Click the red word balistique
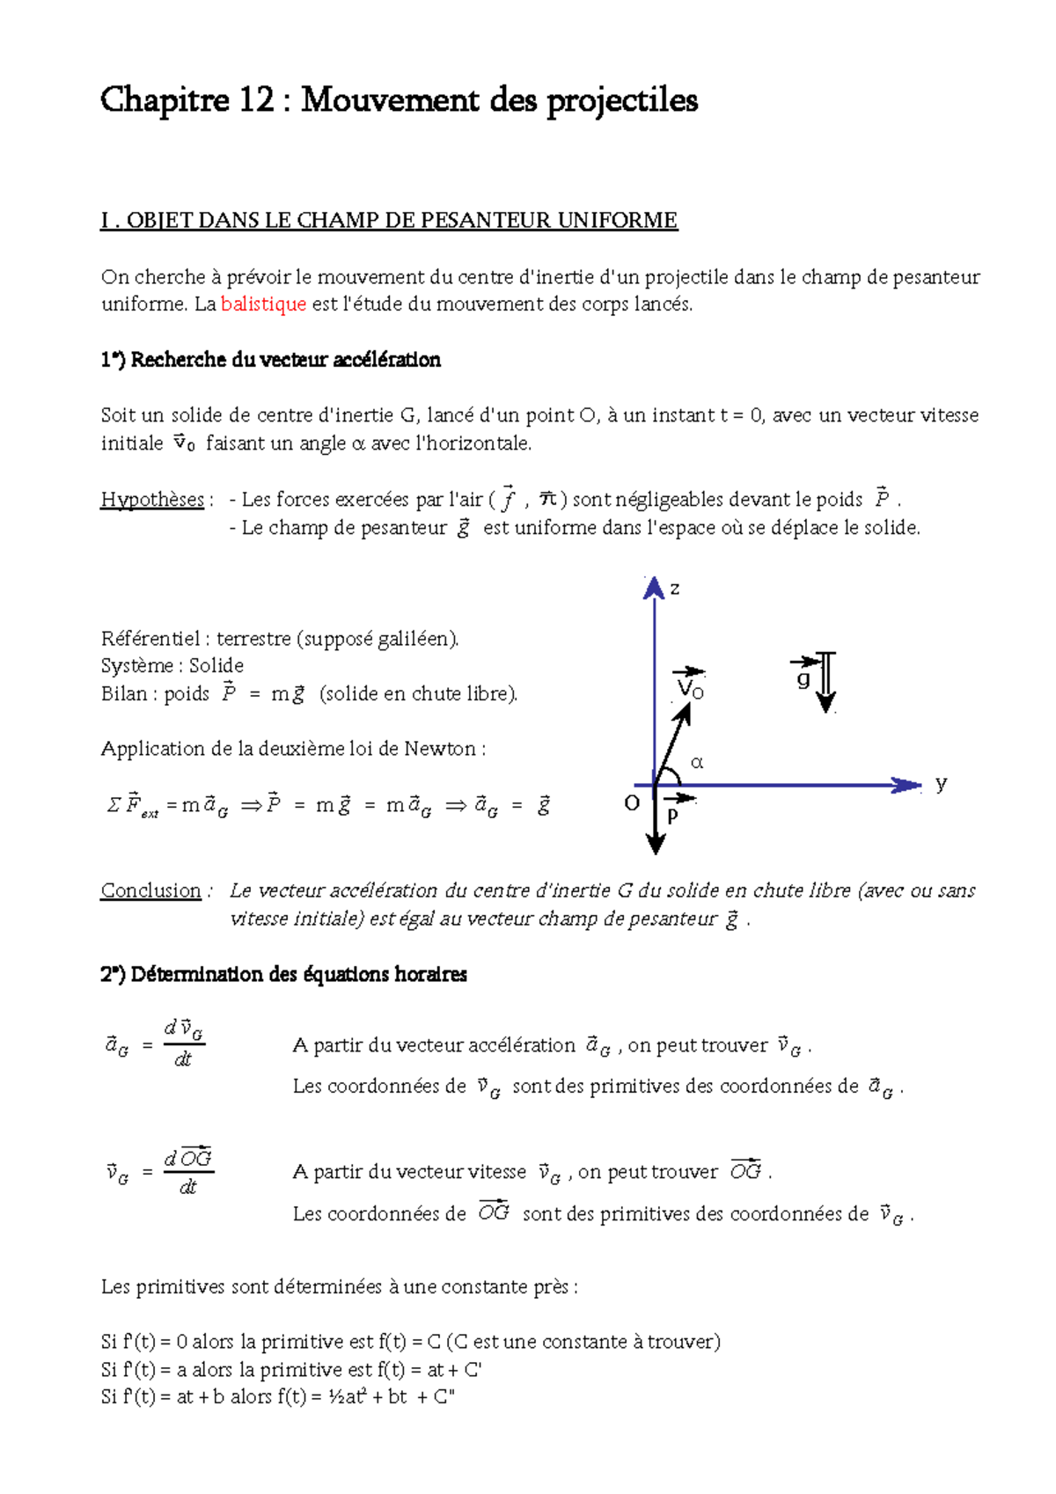[263, 304]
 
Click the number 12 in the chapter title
[256, 100]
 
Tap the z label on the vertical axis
[675, 589]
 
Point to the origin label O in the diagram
[631, 802]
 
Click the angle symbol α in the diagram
[697, 762]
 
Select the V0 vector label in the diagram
[691, 687]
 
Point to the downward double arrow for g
[825, 682]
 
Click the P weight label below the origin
[673, 815]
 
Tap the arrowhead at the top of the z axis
[654, 588]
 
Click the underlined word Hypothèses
[152, 500]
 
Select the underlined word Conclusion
[150, 890]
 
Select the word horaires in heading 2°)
[430, 974]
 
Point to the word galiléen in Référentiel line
[416, 639]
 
